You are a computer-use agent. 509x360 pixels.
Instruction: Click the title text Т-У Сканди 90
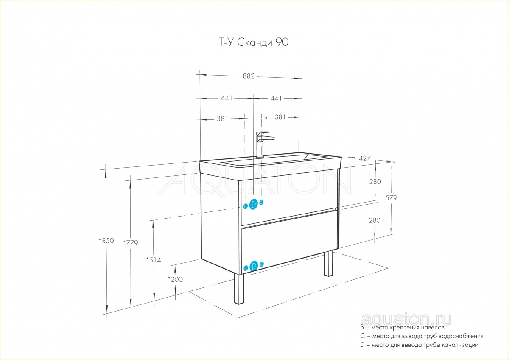253,42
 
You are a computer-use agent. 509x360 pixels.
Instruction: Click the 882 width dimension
249,76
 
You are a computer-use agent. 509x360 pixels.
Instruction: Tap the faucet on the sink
264,145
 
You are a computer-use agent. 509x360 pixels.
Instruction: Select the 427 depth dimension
364,158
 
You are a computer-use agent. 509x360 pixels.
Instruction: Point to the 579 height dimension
391,198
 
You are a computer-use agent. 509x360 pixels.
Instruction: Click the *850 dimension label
106,240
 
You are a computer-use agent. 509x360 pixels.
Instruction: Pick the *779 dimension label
130,243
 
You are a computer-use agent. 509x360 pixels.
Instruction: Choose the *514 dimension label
154,260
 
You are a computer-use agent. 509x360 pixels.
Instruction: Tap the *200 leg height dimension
175,279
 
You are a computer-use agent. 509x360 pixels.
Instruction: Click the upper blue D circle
253,204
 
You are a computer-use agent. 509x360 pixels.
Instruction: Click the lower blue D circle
254,266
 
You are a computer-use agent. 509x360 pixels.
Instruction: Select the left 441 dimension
227,98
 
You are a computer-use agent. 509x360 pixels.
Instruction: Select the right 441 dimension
276,98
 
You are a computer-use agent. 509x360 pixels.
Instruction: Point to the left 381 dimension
222,118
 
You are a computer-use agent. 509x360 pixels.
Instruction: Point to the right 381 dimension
280,117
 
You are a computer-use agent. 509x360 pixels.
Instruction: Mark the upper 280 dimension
375,181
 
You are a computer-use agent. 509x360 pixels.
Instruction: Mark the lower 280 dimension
375,220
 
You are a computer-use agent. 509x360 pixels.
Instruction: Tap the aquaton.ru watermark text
406,320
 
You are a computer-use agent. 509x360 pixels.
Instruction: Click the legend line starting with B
402,328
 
